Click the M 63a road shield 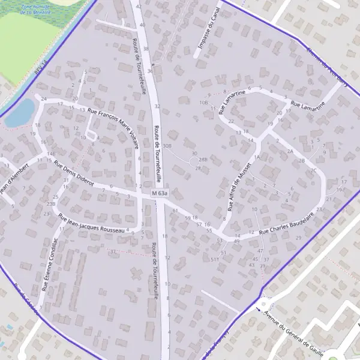point(160,194)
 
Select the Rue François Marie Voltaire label point(118,124)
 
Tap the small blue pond point(20,113)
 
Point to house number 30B point(167,145)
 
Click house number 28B point(203,160)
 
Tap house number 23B point(50,204)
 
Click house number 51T point(214,259)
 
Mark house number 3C point(313,170)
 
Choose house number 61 point(175,211)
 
